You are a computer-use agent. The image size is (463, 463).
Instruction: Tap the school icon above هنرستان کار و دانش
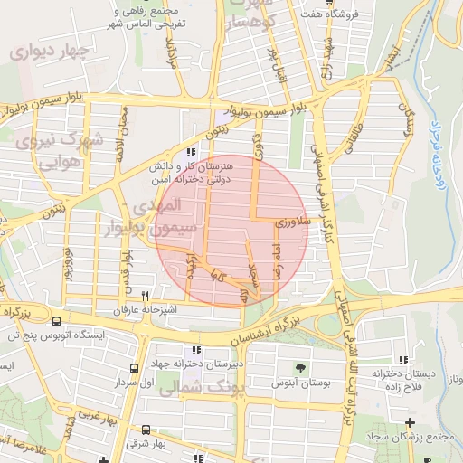(x=190, y=153)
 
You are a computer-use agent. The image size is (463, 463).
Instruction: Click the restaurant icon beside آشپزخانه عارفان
(x=145, y=296)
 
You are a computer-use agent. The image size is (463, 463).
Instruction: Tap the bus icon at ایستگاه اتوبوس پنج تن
(x=56, y=320)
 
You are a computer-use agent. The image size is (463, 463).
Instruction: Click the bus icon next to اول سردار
(x=135, y=368)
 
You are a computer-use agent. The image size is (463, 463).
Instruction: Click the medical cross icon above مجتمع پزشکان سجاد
(x=411, y=422)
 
